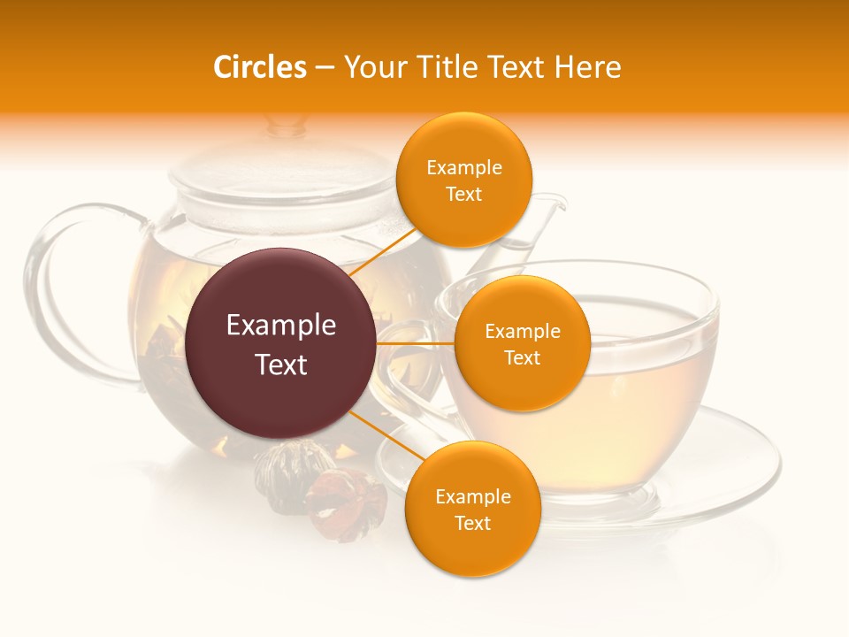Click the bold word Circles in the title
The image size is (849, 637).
tap(259, 67)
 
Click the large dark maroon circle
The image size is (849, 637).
tap(281, 343)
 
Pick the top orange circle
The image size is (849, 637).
tap(463, 180)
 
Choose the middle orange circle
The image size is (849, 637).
tap(522, 343)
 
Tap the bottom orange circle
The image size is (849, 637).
tap(472, 509)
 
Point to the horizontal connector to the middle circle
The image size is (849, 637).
tap(416, 343)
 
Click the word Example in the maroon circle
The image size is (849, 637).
tap(281, 326)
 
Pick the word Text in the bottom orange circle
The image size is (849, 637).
tap(472, 523)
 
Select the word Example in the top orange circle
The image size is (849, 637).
tap(463, 168)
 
